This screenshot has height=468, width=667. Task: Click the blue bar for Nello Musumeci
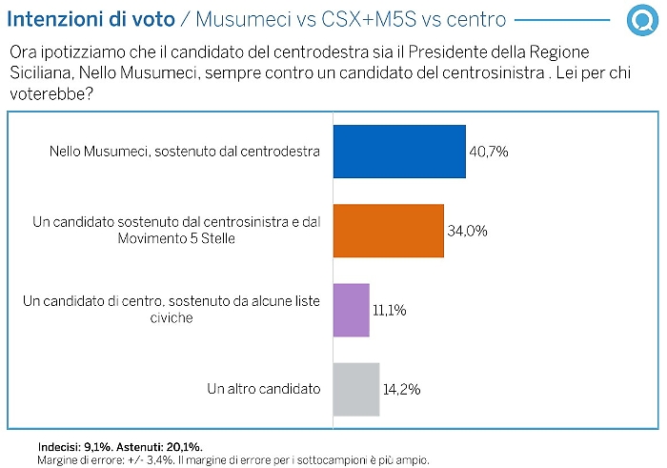click(398, 152)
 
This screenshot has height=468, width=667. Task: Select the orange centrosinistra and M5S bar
click(388, 231)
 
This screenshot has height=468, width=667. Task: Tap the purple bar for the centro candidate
click(351, 310)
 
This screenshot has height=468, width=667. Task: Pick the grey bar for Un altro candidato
click(355, 389)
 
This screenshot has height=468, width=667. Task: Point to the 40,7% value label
click(490, 152)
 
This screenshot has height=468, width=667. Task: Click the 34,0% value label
click(468, 231)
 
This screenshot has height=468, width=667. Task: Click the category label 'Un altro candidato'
click(263, 389)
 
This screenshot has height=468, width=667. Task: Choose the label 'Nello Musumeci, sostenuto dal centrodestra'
click(184, 152)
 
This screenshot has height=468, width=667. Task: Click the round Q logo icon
click(639, 19)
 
